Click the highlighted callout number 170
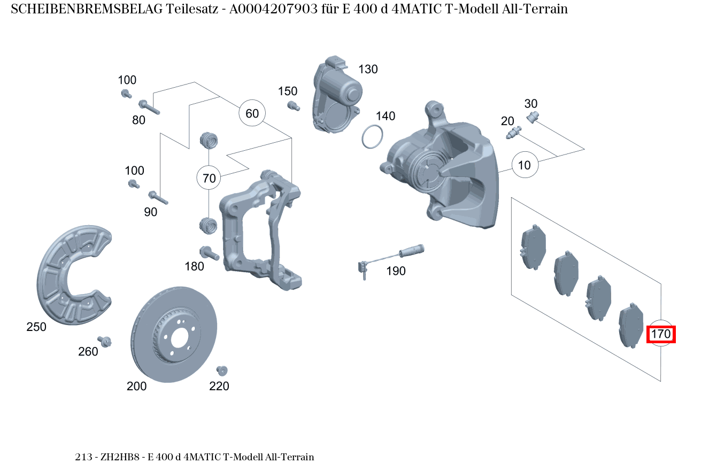point(661,335)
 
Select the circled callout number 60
point(252,113)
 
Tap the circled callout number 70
point(210,178)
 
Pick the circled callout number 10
point(525,165)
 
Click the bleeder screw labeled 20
point(513,132)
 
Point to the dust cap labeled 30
point(533,117)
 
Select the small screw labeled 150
point(292,105)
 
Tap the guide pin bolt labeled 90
point(158,197)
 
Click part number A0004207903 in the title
point(272,9)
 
